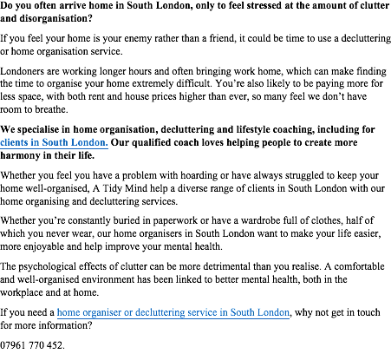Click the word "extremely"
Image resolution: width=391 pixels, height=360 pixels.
[151, 84]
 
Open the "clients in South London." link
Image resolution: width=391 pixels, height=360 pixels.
[54, 142]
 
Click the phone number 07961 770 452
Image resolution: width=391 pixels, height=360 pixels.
[32, 345]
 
